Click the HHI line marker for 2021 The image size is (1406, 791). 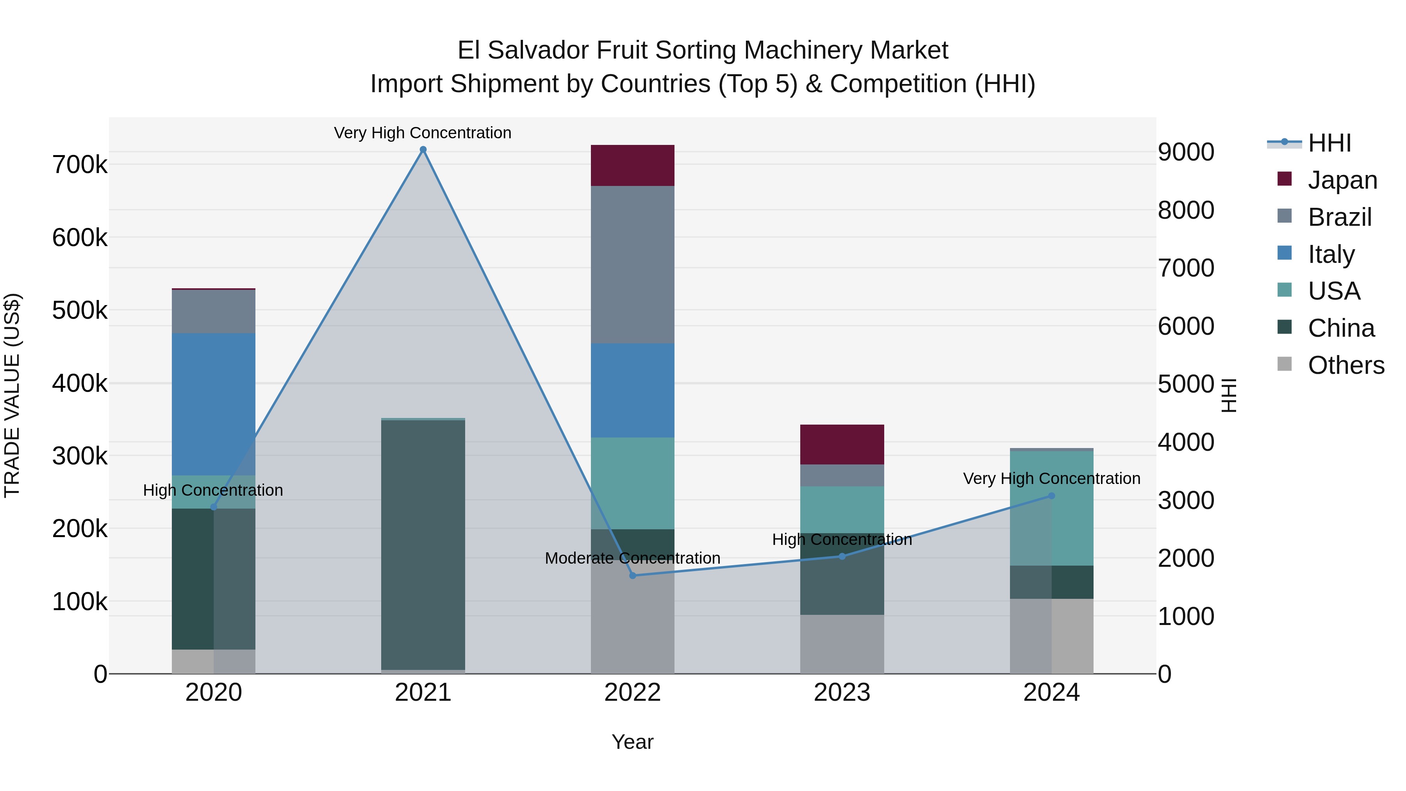(423, 150)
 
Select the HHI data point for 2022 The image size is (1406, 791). (633, 575)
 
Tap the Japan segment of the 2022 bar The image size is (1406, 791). (633, 165)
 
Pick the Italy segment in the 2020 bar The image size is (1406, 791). (213, 404)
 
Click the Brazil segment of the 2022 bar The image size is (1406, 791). (633, 265)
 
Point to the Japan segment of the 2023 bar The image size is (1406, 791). (842, 445)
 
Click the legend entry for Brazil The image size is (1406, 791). (1340, 217)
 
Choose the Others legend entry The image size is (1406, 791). (1345, 365)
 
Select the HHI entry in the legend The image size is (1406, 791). (1329, 143)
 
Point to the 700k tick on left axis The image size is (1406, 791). (80, 164)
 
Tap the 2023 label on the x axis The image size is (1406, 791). (842, 693)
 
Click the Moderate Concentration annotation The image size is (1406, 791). (633, 558)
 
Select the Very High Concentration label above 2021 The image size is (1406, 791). (423, 133)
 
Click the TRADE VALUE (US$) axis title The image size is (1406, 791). (12, 395)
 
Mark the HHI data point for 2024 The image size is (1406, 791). (1051, 496)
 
